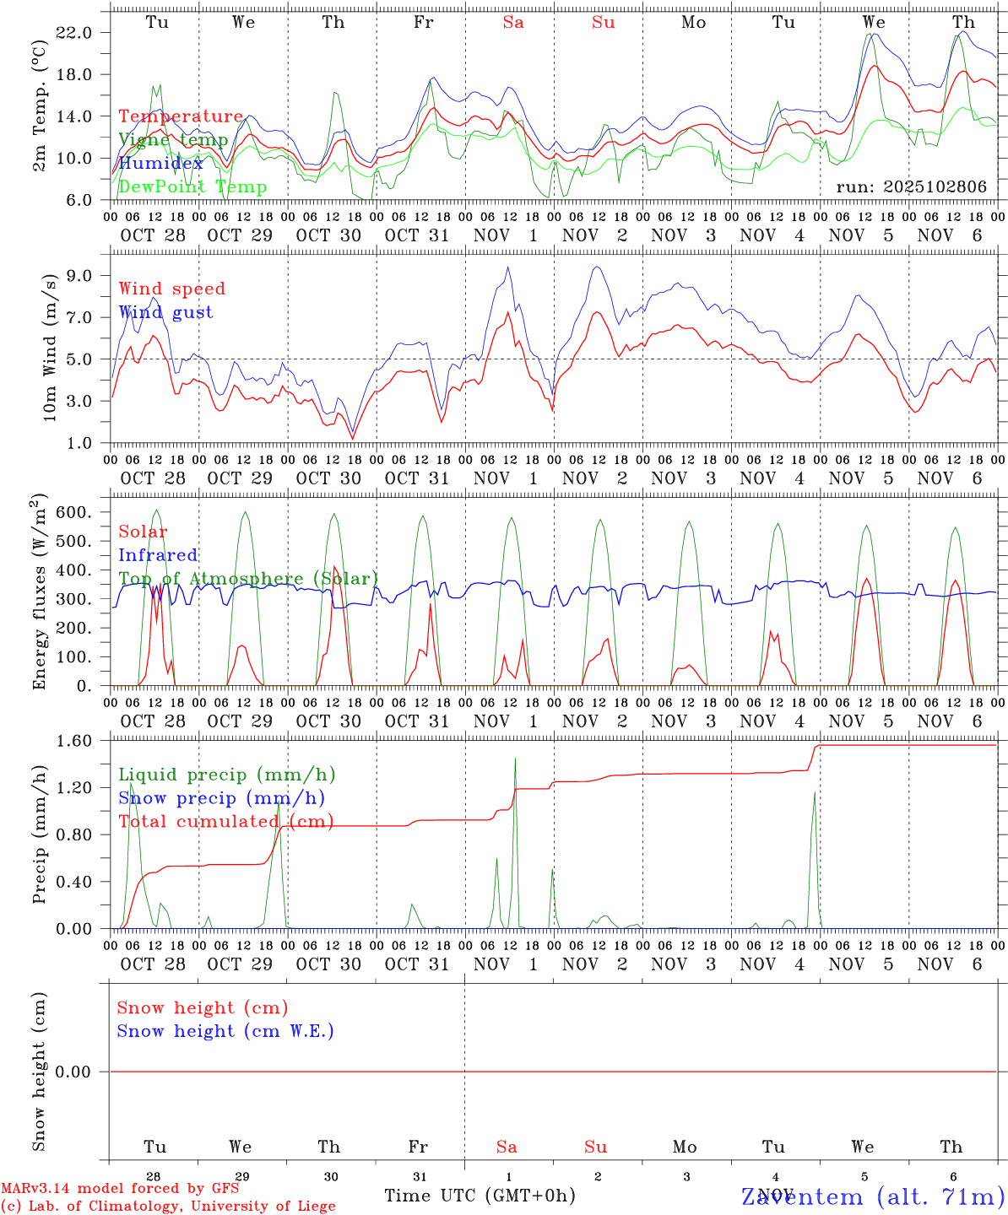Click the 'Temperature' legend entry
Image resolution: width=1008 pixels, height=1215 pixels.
[181, 116]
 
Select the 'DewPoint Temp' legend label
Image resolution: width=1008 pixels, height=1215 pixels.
[192, 187]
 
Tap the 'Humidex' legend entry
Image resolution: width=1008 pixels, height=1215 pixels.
[161, 164]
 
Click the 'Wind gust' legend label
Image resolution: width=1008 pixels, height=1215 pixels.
[165, 312]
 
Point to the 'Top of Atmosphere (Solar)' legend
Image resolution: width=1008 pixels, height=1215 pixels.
[248, 579]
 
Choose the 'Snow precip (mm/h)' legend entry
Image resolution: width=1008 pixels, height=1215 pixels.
[221, 798]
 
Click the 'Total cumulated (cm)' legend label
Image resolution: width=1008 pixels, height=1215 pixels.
[225, 822]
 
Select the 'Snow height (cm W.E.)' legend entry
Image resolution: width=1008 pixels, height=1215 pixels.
[225, 1031]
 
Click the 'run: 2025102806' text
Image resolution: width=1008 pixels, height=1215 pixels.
[911, 187]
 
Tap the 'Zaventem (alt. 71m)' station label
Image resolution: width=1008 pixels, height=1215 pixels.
[873, 1196]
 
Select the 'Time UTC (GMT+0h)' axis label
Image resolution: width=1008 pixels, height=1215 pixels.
[480, 1196]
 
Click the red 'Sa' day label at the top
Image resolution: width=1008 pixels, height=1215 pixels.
[513, 23]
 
